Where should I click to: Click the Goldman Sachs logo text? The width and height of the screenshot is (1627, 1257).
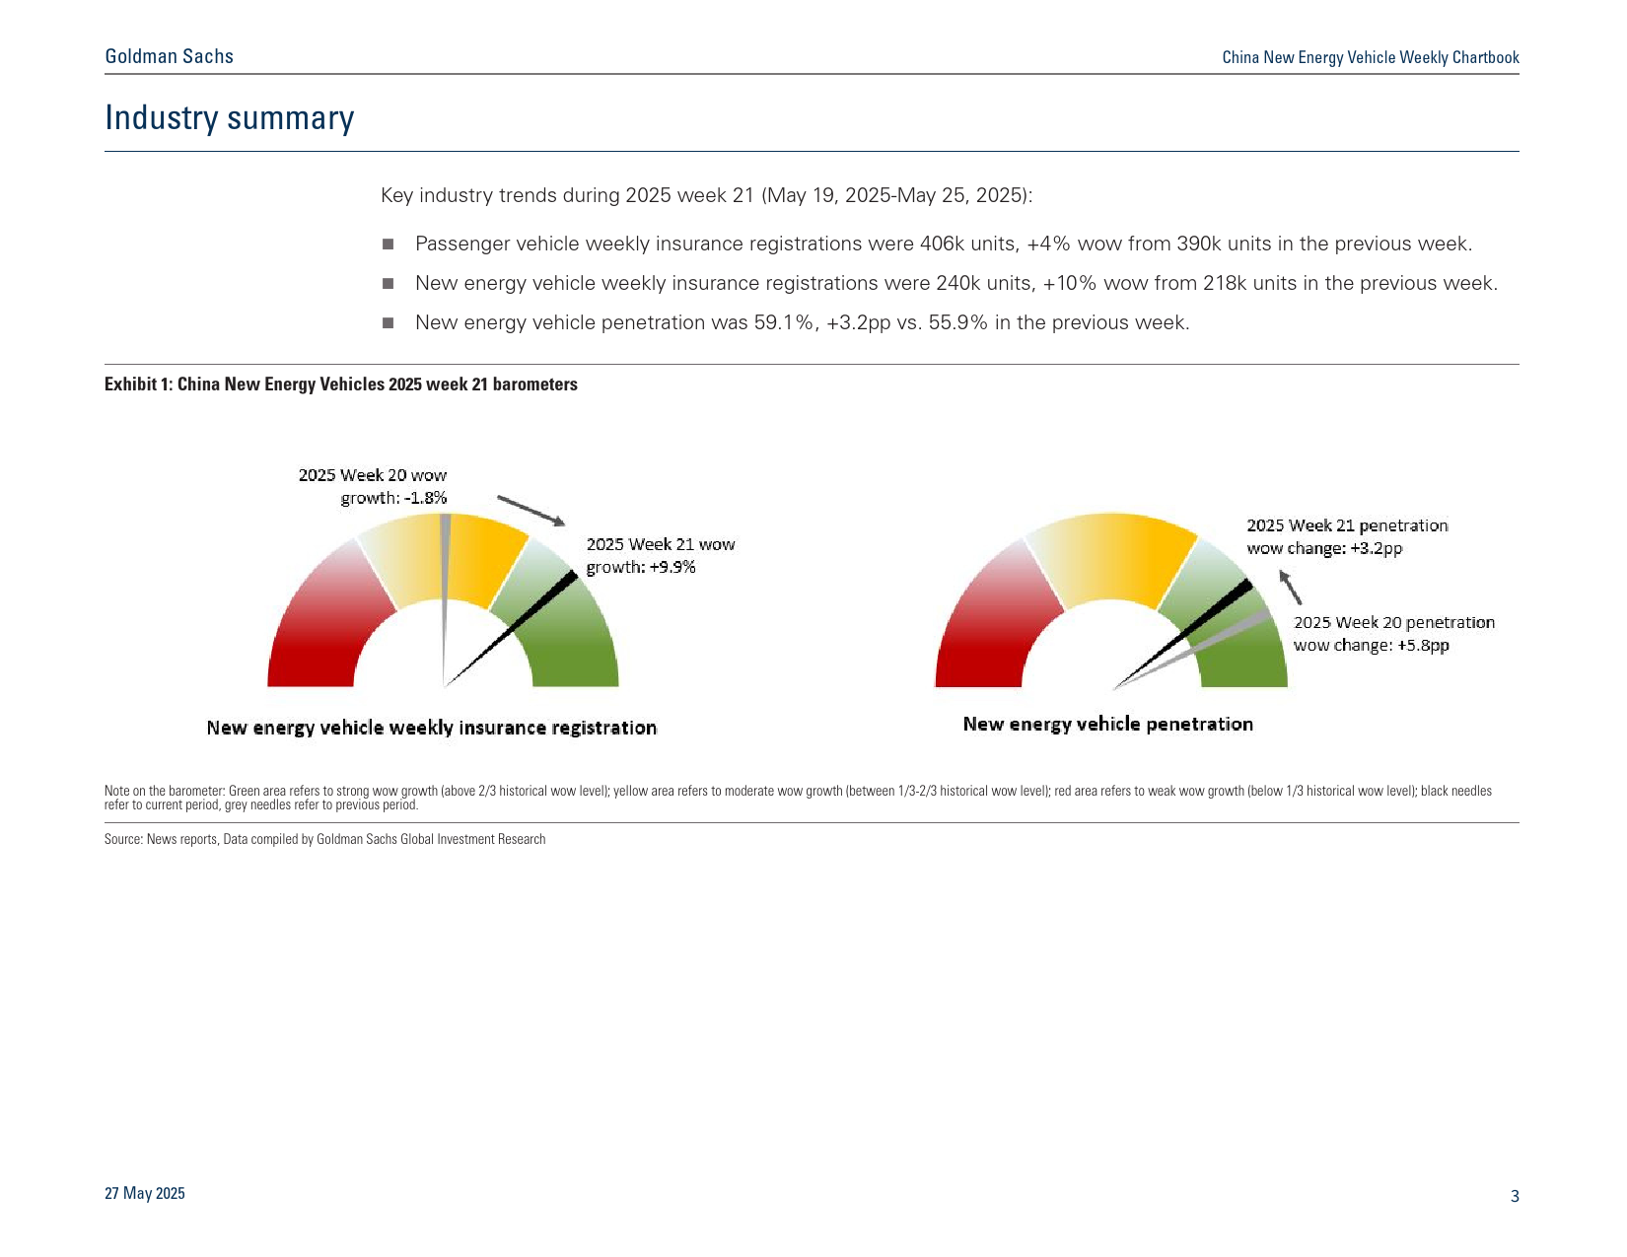[169, 56]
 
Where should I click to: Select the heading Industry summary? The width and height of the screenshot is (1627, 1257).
[229, 117]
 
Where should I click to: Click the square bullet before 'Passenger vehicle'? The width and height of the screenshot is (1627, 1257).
[388, 244]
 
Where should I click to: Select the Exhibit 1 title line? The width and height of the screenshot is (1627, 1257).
[340, 384]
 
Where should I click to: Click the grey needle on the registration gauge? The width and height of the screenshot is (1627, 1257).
[445, 592]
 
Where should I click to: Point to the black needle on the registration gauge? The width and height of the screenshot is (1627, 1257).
[512, 629]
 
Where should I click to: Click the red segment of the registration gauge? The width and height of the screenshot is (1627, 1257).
[322, 621]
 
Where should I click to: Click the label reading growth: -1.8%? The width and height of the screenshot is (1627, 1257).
[393, 498]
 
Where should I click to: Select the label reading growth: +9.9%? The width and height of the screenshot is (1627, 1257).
[641, 567]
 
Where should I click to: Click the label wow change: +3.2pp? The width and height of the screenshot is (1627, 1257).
[1324, 548]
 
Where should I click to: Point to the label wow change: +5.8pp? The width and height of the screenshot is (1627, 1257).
[1372, 646]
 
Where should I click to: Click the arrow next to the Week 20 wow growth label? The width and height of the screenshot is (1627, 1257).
[531, 511]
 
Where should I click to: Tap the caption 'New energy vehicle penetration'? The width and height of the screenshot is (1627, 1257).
[1108, 724]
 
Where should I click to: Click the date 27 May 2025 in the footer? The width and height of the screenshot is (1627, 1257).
[145, 1193]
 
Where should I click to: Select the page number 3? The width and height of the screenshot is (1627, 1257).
[1515, 1196]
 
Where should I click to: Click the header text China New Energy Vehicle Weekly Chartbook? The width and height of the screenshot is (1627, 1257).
[1371, 57]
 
